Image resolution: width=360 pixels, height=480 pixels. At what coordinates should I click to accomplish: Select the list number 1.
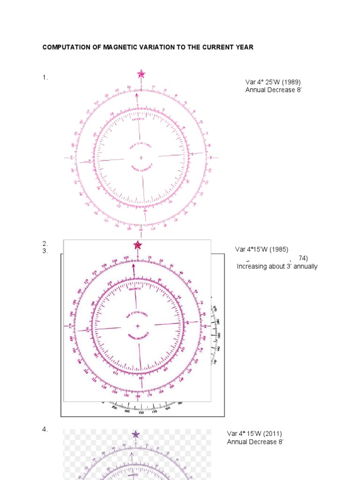45,78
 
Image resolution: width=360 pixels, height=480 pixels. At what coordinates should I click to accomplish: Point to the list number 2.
45,243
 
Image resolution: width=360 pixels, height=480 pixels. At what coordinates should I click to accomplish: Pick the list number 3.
45,250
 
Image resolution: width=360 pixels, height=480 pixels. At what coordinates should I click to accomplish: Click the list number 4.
45,429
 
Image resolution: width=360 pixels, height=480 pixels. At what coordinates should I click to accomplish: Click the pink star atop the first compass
141,74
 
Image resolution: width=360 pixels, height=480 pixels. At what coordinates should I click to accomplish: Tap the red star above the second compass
137,245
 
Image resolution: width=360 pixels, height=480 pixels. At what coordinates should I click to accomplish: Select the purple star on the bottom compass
135,435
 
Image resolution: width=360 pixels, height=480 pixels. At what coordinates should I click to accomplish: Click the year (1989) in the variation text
291,82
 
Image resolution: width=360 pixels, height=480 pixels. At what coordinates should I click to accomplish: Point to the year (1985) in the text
279,249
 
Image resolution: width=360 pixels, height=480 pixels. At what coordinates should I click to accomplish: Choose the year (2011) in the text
273,434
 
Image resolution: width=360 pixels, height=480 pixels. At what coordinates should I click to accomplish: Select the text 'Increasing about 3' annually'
277,266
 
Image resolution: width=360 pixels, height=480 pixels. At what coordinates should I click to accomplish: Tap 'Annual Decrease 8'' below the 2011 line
255,442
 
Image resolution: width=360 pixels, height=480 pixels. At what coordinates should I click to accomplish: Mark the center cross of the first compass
141,158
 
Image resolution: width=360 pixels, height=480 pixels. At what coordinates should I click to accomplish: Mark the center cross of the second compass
138,326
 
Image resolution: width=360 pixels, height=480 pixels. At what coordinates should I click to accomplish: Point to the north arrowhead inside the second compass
134,266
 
